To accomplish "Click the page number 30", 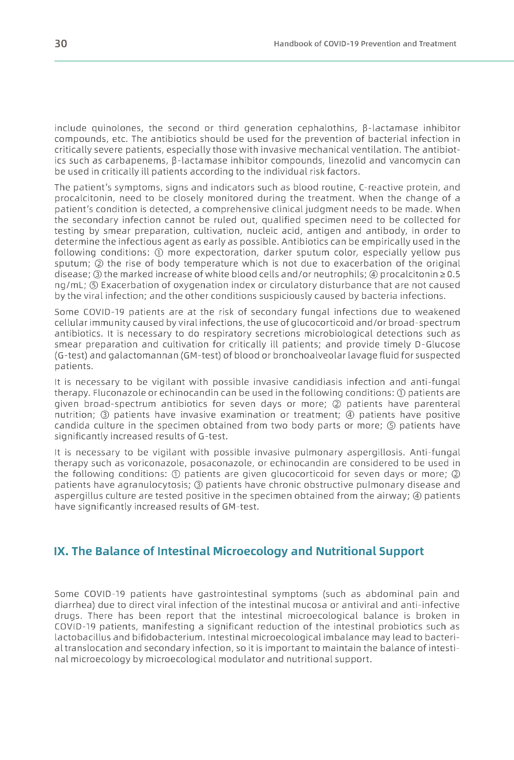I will pos(61,44).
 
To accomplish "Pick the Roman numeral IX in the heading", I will pos(60,552).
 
